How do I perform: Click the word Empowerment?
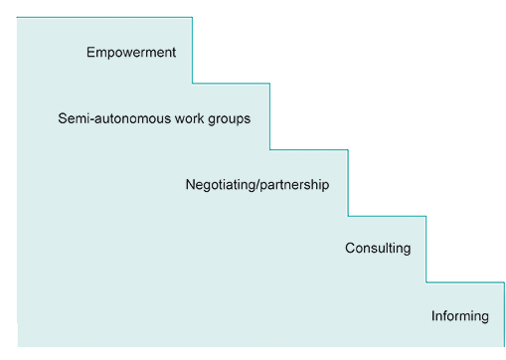(131, 53)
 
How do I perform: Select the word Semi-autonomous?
(114, 118)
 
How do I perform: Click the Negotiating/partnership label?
(256, 185)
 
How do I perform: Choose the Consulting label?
(378, 249)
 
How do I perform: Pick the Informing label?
(460, 316)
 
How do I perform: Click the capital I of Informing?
(433, 316)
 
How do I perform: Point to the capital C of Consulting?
(350, 249)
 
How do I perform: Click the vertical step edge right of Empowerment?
(192, 50)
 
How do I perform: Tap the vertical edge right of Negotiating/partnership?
(348, 183)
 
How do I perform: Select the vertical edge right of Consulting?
(425, 249)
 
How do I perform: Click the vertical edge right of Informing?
(503, 313)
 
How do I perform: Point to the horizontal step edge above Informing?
(464, 282)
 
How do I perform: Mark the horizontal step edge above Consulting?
(387, 216)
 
